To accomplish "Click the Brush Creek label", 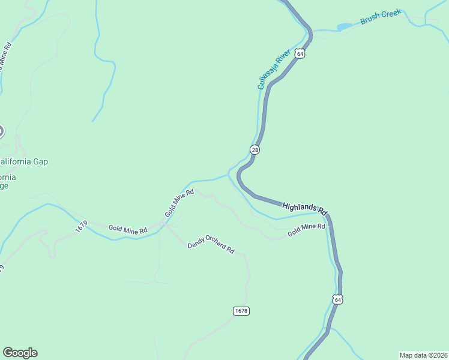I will point(380,17).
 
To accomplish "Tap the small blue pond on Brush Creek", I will point(344,27).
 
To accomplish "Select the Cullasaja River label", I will point(274,69).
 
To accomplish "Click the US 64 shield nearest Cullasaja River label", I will point(300,54).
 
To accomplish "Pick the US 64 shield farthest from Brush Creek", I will point(338,299).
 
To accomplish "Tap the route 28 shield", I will point(255,150).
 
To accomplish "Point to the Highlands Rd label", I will point(304,208).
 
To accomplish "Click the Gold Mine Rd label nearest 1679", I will point(127,230).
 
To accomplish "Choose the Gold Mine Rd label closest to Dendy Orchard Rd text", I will point(180,203).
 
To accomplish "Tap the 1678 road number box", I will point(241,311).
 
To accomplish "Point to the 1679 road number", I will point(82,227).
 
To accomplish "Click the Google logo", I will point(20,353).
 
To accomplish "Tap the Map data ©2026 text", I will point(423,355).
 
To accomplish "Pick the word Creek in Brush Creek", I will point(390,14).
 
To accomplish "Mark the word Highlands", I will point(298,206).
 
